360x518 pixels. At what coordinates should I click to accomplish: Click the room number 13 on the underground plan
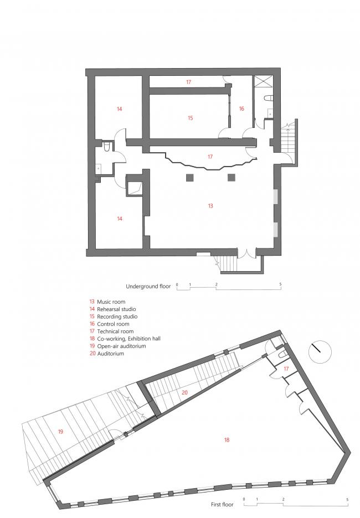point(210,206)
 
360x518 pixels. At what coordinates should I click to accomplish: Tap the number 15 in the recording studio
point(190,118)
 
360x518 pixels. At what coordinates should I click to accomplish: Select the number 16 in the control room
point(241,109)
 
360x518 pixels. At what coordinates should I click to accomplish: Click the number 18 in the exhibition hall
point(227,440)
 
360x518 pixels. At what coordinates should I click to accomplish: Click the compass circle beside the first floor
point(318,350)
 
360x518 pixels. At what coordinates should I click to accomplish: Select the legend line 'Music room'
point(111,302)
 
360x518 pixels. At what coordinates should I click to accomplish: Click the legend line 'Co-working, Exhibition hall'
point(128,339)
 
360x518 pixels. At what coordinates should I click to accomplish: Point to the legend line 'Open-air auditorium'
point(121,346)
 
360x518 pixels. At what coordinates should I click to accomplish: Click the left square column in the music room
point(190,178)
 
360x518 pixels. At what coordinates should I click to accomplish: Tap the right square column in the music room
point(232,178)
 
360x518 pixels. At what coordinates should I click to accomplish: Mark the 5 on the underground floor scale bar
point(280,284)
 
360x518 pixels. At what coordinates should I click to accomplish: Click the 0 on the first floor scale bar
point(244,500)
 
